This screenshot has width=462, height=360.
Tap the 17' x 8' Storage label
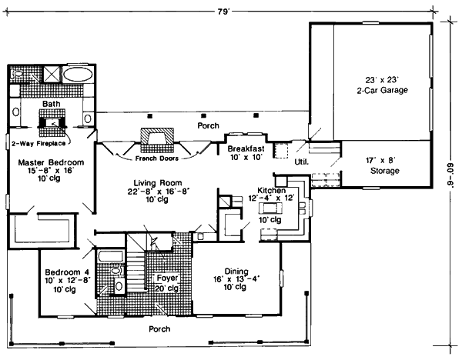[383, 165]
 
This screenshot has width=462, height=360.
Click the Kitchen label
[271, 190]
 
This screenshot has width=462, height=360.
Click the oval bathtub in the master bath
[77, 75]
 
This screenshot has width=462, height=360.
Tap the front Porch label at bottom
[161, 328]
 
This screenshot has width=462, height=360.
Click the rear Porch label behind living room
[208, 125]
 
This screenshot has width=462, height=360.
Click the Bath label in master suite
[52, 103]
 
